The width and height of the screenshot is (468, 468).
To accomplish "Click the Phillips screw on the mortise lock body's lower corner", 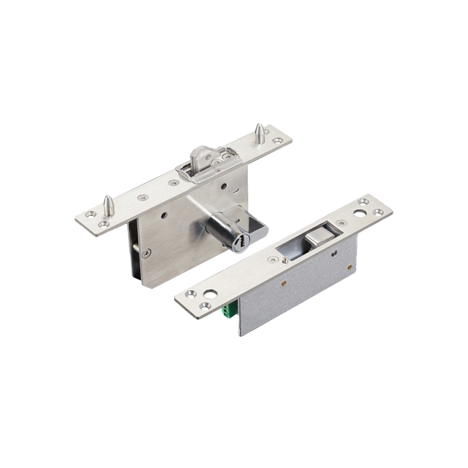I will [x=148, y=253].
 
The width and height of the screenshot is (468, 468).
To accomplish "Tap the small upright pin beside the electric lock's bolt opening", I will [x=285, y=259].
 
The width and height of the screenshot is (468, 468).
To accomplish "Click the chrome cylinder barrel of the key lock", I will [x=224, y=229].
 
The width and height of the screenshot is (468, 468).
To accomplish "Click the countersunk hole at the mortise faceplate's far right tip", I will [x=278, y=140].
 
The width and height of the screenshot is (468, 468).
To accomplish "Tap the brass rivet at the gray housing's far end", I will [x=350, y=266].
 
